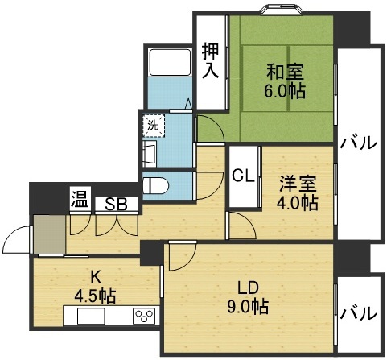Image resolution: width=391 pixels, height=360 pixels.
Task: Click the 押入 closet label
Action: (210, 61)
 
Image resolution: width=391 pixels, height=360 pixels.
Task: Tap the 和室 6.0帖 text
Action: (286, 80)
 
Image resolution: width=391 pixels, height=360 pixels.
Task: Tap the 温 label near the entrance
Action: (79, 198)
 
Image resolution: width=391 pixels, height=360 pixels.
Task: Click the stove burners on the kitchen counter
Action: (144, 315)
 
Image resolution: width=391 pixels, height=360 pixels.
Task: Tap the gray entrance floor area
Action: (48, 234)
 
